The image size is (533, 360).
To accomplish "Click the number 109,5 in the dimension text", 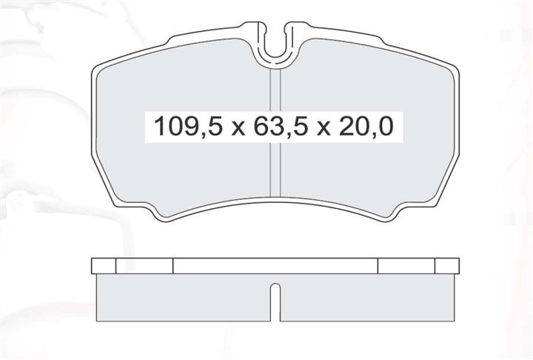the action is click(x=188, y=127).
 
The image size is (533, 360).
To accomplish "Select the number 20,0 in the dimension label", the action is click(x=366, y=127).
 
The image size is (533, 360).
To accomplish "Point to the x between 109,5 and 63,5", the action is click(x=238, y=130).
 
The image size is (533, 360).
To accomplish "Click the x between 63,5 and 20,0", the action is click(x=323, y=130).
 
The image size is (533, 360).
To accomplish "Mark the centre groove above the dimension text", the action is click(x=275, y=90).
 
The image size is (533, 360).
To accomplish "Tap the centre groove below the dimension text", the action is click(x=275, y=170).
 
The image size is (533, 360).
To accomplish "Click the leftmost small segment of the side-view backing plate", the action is click(x=104, y=266).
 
